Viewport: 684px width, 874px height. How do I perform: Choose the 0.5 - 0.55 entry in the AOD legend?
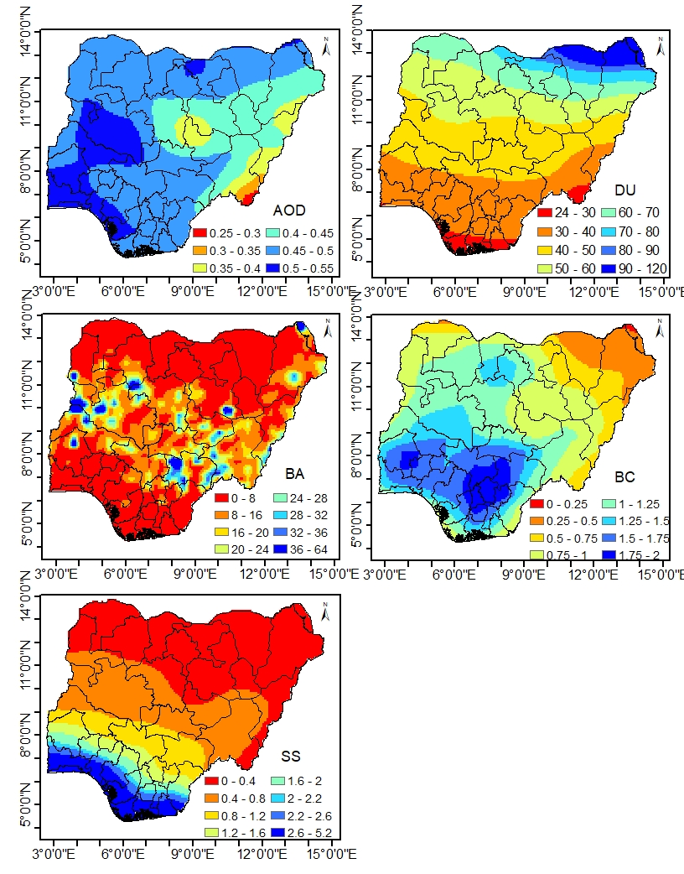click(277, 268)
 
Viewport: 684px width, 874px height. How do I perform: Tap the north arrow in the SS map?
click(327, 611)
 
